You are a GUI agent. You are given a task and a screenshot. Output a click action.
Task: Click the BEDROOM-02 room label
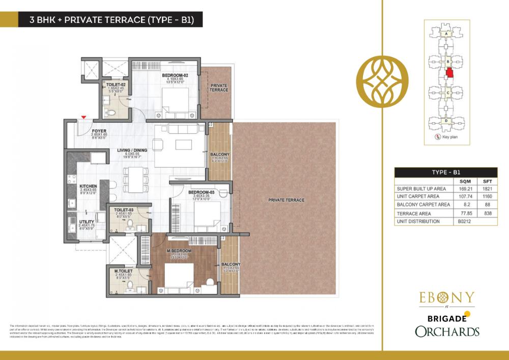click(x=175, y=75)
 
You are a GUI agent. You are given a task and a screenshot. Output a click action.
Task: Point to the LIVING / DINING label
click(x=132, y=150)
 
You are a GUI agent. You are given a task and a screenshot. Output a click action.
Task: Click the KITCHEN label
click(x=88, y=186)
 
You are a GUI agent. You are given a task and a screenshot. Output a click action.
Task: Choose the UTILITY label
click(x=87, y=221)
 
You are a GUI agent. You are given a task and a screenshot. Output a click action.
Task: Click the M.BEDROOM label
click(x=178, y=251)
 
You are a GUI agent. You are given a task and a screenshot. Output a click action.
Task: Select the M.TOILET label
click(x=123, y=270)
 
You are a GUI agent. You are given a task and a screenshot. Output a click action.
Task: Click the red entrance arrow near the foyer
click(x=82, y=118)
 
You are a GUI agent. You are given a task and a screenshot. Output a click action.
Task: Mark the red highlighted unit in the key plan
click(x=449, y=72)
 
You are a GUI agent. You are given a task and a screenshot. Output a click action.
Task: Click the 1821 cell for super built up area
click(x=487, y=188)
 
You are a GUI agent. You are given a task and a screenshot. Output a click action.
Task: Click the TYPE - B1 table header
click(x=446, y=172)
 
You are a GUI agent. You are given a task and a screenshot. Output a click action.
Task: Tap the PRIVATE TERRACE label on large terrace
click(x=286, y=200)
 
